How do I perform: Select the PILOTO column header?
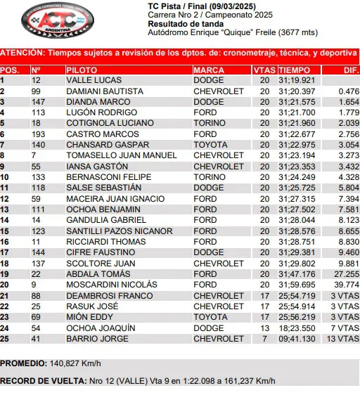coord(77,70)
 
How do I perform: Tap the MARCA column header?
coord(209,70)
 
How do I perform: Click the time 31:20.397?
coord(297,91)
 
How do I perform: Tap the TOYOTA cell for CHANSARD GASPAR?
coord(210,144)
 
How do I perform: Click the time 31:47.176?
coord(297,273)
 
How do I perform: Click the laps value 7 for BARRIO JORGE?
coord(264,339)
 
